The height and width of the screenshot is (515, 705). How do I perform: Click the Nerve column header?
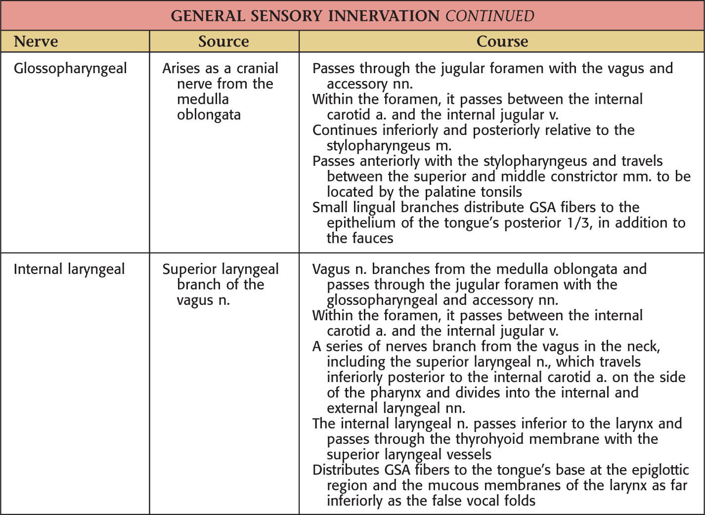point(36,42)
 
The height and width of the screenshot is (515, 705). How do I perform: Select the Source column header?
point(223,42)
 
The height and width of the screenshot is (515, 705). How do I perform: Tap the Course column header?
point(502,42)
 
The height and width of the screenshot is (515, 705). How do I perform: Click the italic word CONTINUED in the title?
point(489,16)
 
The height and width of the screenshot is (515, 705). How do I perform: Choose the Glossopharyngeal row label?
point(70,69)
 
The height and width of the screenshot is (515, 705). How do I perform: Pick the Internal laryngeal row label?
point(69,269)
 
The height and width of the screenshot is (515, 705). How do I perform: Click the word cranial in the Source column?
point(257,68)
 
